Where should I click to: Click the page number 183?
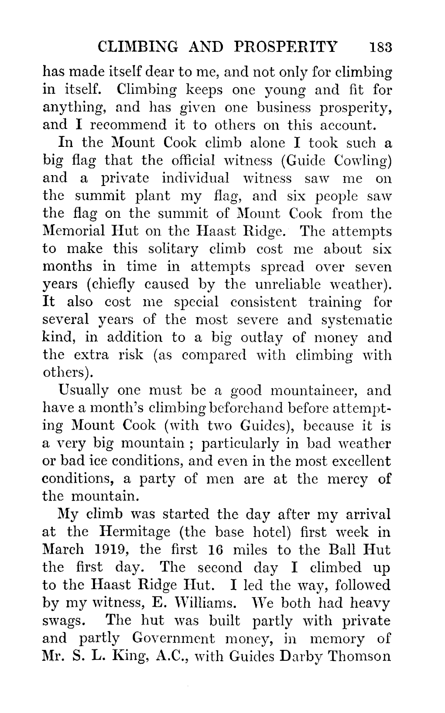point(381,47)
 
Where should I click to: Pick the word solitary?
point(173,250)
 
